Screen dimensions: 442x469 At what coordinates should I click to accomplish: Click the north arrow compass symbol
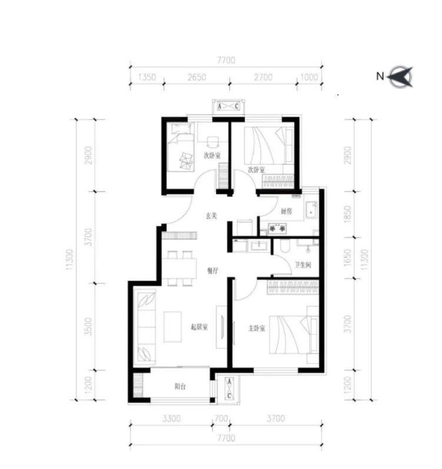pyautogui.click(x=401, y=76)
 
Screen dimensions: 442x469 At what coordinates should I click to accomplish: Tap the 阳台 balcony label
pyautogui.click(x=180, y=387)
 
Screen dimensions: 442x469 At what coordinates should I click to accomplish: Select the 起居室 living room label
pyautogui.click(x=199, y=327)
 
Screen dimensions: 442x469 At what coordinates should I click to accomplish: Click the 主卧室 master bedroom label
pyautogui.click(x=257, y=328)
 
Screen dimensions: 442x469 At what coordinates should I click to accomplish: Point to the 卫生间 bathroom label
pyautogui.click(x=303, y=265)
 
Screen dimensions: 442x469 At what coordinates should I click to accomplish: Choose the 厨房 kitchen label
pyautogui.click(x=286, y=211)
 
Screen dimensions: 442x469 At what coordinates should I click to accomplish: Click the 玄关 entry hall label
pyautogui.click(x=211, y=215)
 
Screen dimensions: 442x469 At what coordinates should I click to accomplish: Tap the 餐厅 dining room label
pyautogui.click(x=212, y=271)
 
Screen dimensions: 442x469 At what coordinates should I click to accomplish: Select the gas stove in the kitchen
pyautogui.click(x=278, y=228)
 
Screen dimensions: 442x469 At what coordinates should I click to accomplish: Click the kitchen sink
pyautogui.click(x=311, y=210)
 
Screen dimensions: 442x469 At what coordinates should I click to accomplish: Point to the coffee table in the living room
pyautogui.click(x=172, y=327)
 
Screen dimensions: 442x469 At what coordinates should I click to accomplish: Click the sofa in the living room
pyautogui.click(x=146, y=327)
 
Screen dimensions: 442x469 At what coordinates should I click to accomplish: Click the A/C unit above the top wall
pyautogui.click(x=228, y=106)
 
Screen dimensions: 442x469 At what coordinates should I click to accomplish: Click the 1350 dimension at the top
pyautogui.click(x=147, y=77)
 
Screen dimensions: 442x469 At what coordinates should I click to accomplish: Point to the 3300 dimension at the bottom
pyautogui.click(x=171, y=418)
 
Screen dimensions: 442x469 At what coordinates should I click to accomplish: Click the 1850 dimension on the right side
pyautogui.click(x=347, y=214)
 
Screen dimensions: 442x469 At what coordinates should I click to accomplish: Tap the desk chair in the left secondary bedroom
pyautogui.click(x=212, y=142)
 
